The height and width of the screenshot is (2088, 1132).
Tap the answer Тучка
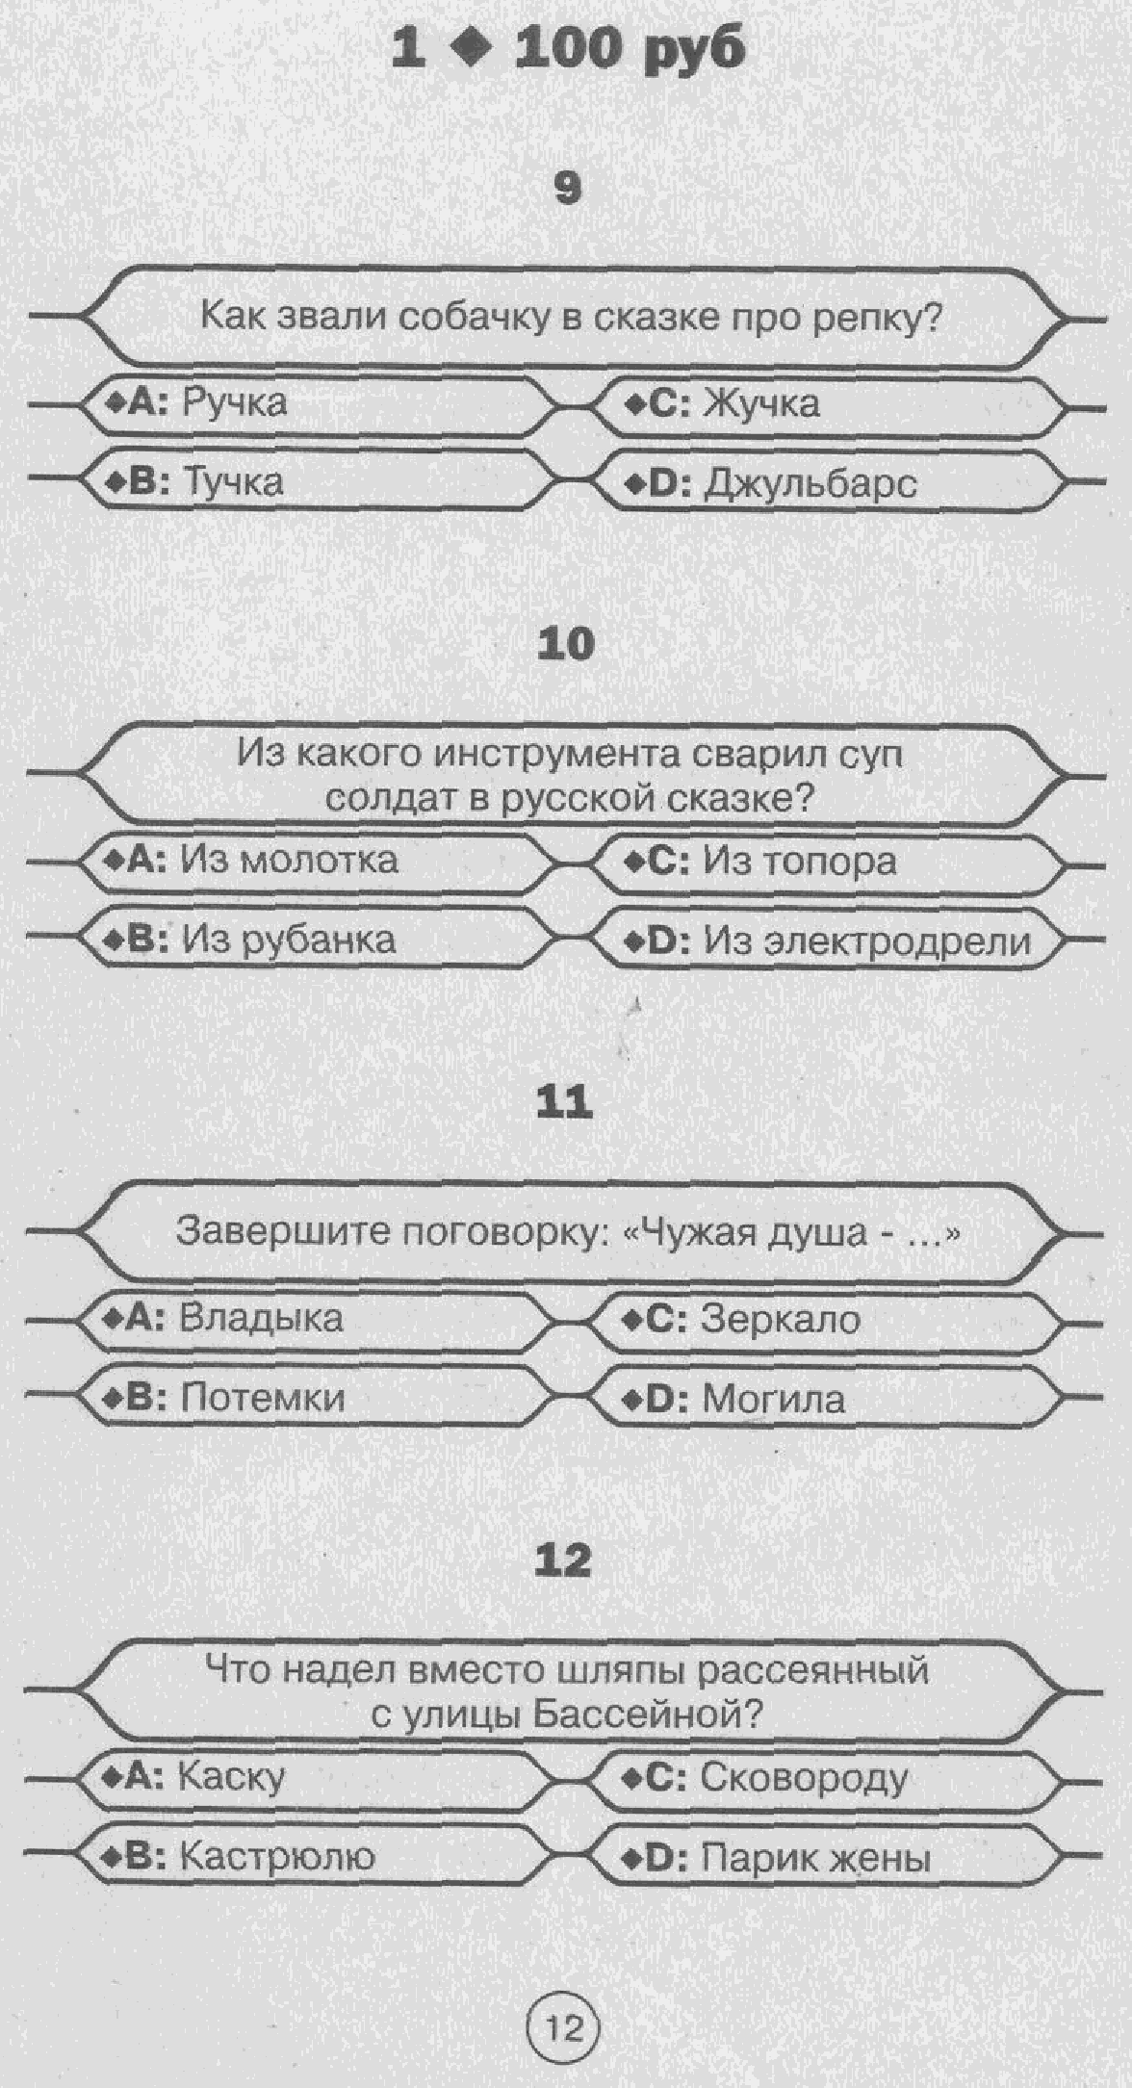tap(233, 481)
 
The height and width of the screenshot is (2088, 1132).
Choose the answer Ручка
tap(234, 401)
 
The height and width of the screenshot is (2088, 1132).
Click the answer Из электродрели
tap(866, 941)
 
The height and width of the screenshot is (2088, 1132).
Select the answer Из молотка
tap(289, 859)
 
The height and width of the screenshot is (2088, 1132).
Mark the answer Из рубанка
tap(289, 940)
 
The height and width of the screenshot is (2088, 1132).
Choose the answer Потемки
tap(262, 1397)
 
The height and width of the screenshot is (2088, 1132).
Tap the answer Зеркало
tap(780, 1319)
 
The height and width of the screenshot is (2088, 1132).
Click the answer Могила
tap(773, 1399)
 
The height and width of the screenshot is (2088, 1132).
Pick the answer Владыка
tap(261, 1317)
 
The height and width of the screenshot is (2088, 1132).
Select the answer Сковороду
tap(804, 1777)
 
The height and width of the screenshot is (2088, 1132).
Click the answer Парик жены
tap(815, 1858)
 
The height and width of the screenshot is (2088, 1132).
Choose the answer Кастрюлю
tap(277, 1855)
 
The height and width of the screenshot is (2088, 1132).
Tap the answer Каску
tap(232, 1775)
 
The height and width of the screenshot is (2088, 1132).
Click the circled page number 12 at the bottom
tap(565, 2030)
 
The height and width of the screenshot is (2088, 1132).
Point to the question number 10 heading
tap(566, 644)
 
